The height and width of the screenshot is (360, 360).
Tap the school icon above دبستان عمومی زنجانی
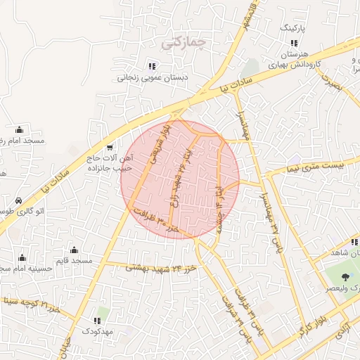(152, 65)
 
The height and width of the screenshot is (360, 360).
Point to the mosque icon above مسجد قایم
(75, 250)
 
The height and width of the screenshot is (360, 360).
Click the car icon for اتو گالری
(18, 200)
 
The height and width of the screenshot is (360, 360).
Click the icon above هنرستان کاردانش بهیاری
(274, 44)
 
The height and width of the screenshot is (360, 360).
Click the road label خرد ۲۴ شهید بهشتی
(162, 267)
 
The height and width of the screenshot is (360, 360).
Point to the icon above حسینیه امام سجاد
(24, 257)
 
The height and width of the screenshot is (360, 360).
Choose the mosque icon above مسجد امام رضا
(19, 129)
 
